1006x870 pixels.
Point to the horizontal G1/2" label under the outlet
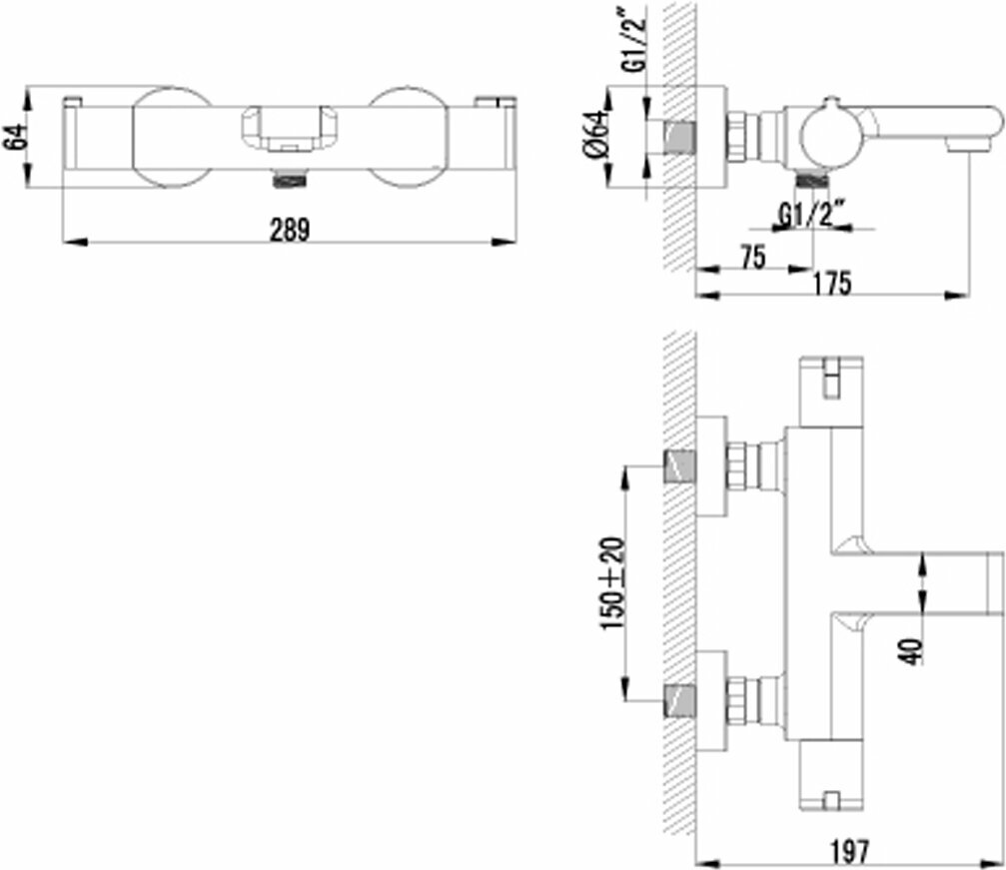click(x=811, y=216)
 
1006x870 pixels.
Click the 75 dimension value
click(x=753, y=257)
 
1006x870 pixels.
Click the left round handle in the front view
click(x=171, y=137)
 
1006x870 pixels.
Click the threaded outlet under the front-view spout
click(x=290, y=180)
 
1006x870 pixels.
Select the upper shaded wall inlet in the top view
click(x=679, y=467)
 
